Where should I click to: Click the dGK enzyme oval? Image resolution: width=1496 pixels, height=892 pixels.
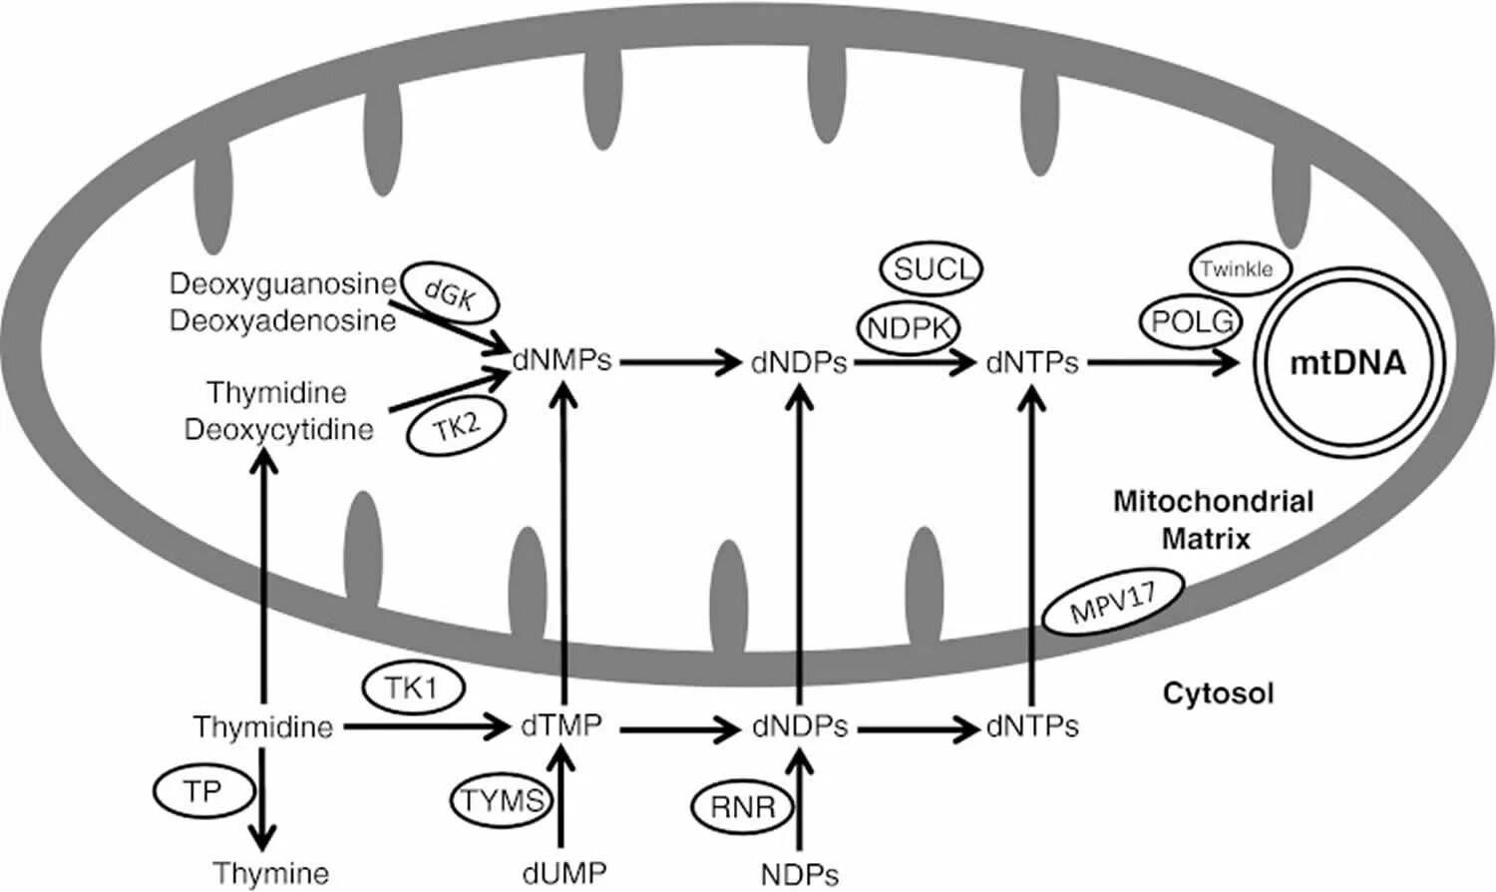[450, 293]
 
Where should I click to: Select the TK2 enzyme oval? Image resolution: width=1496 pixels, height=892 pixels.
[456, 428]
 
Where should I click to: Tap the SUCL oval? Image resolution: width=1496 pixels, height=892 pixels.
[931, 268]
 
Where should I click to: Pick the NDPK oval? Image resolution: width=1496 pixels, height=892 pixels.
[908, 327]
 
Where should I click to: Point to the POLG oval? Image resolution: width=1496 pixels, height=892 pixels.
[1192, 321]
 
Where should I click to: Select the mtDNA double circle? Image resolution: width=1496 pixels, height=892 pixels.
[1348, 363]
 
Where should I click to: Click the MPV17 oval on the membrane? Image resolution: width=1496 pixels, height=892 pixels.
[1112, 602]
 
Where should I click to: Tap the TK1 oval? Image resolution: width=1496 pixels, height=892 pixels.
[412, 687]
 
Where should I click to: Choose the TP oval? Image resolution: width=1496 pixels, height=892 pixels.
[203, 792]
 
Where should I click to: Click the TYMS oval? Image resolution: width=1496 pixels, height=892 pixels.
[502, 800]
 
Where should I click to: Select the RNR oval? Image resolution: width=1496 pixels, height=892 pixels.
[743, 806]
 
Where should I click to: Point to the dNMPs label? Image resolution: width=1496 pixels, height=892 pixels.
[561, 361]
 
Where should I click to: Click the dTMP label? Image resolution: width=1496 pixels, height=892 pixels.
[561, 725]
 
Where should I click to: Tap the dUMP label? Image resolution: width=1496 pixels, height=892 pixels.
[563, 873]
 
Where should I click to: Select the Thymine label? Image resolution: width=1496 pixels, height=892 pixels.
[270, 873]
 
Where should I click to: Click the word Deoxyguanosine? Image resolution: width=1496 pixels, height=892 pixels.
[282, 284]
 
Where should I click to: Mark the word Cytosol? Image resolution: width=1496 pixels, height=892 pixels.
[1218, 692]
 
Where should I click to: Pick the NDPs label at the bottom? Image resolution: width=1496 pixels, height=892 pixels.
[799, 874]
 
